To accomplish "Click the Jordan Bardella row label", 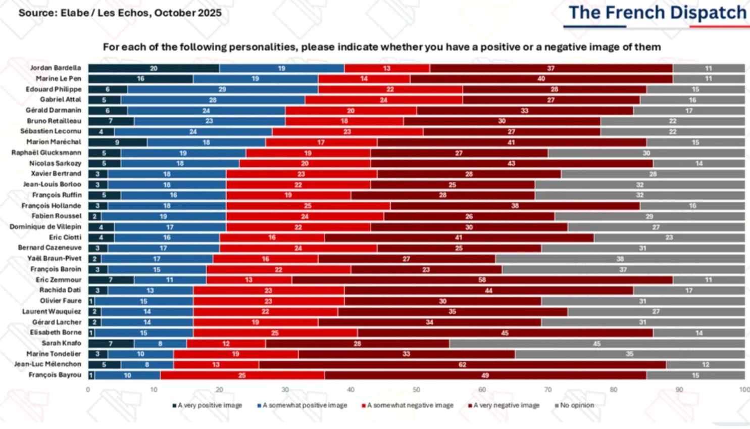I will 55,68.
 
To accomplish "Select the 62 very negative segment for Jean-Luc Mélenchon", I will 462,364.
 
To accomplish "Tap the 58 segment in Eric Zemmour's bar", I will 482,279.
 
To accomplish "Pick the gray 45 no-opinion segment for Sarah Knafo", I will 596,344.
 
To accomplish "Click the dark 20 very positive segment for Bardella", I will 154,68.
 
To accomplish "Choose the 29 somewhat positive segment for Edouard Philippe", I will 222,89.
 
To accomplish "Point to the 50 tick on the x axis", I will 417,390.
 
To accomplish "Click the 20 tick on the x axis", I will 220,390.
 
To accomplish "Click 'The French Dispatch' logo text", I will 657,13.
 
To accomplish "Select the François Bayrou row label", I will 55,375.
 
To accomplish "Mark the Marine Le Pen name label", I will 58,79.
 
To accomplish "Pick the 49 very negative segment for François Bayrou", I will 485,375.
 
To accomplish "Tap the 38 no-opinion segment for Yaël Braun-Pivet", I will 620,259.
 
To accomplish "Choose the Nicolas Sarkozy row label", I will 55,163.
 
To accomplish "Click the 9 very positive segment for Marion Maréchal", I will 117,142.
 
